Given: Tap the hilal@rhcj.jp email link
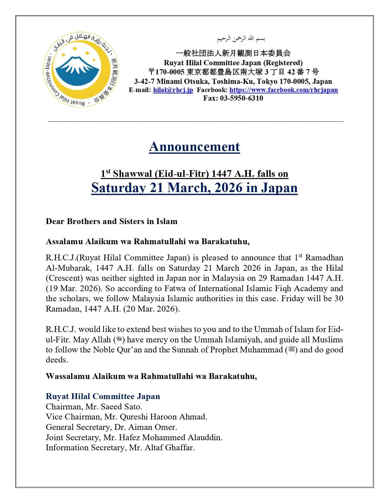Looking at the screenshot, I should point(173,90).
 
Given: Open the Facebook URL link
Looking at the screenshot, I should point(283,90).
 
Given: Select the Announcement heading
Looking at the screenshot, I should point(194,147).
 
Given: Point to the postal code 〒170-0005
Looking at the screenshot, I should point(167,72).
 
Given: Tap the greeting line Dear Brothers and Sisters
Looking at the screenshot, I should point(111,221).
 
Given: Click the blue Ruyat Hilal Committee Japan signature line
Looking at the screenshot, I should point(103,396).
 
